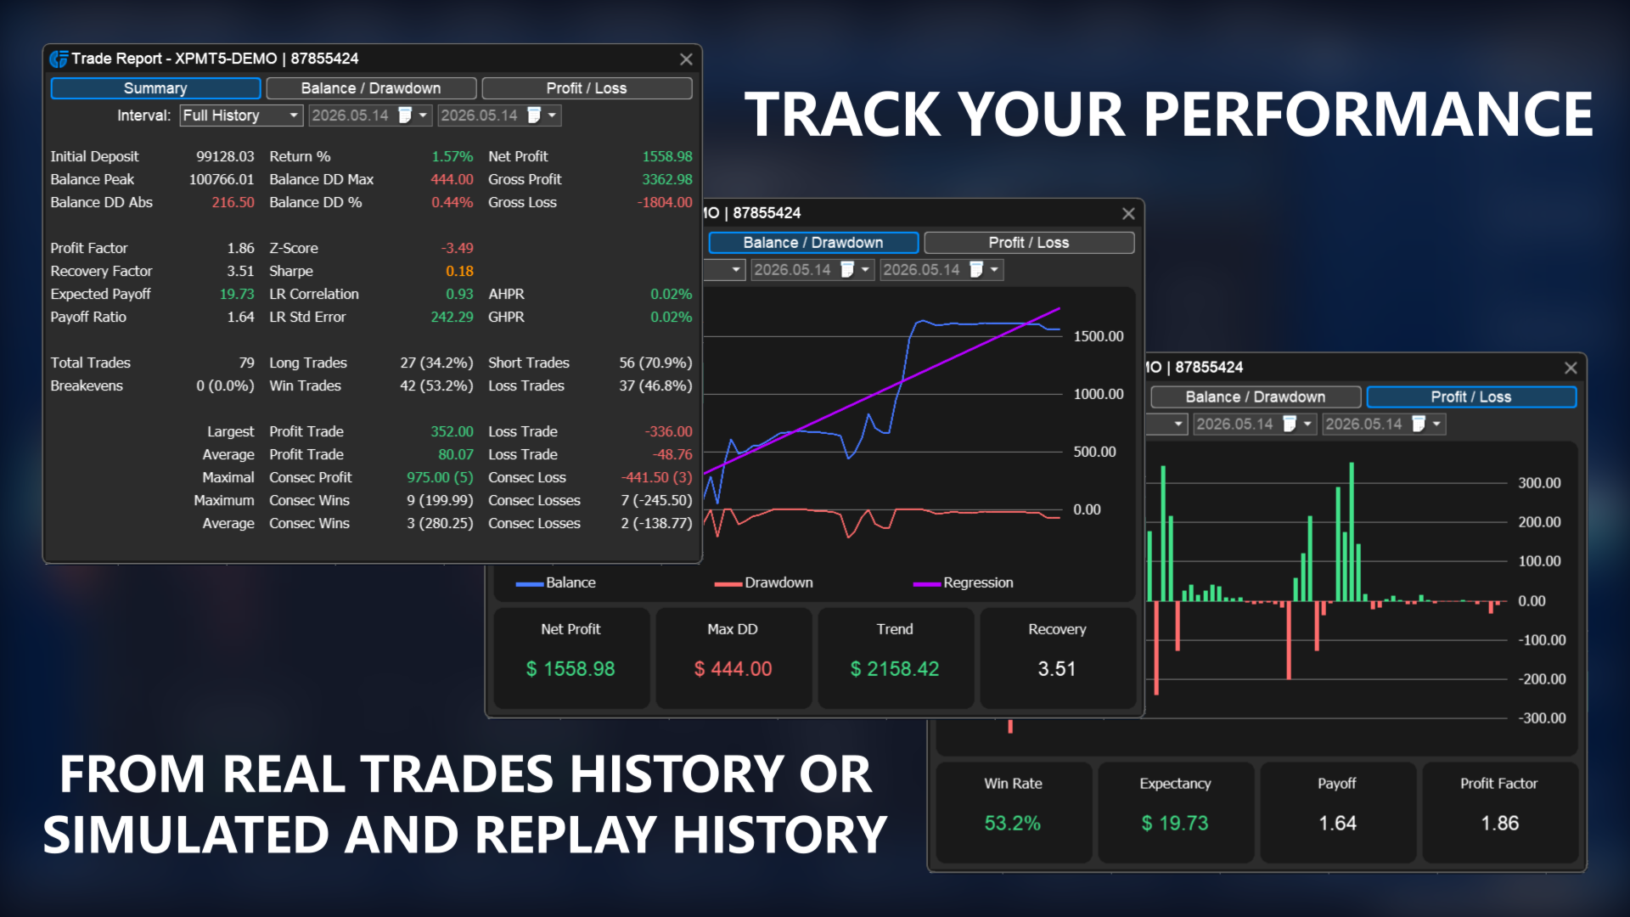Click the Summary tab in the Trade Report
click(155, 88)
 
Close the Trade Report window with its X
click(686, 59)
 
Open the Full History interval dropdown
click(242, 115)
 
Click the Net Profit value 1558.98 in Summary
click(667, 156)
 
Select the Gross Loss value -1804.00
click(665, 202)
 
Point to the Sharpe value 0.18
click(459, 271)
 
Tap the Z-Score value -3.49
click(458, 248)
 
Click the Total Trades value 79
click(246, 363)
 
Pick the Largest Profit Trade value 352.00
click(452, 431)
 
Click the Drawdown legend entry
click(764, 582)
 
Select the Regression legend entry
click(964, 582)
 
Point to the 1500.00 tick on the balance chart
click(1099, 336)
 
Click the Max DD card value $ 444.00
click(733, 669)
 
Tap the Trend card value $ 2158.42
click(895, 669)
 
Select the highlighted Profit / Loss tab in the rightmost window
click(1471, 397)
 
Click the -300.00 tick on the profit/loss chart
click(1542, 718)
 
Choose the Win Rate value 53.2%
click(1013, 824)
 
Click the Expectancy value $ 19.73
click(1175, 824)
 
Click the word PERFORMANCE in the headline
click(1369, 115)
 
